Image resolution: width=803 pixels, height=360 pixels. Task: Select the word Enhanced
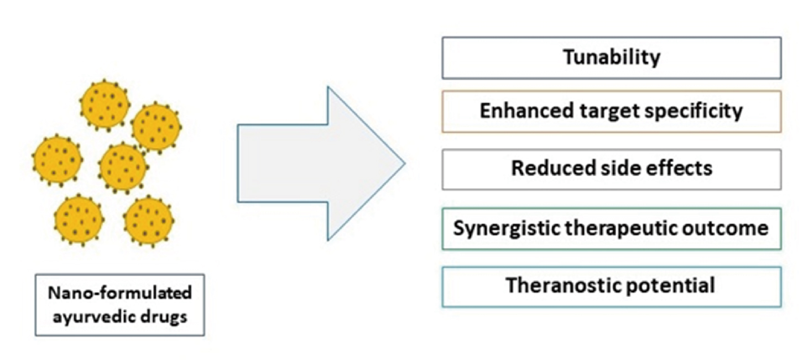tap(526, 111)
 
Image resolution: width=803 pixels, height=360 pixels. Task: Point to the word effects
tap(679, 168)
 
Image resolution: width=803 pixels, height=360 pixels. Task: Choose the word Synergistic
tap(506, 229)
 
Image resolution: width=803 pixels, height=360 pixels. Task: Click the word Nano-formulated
tap(120, 293)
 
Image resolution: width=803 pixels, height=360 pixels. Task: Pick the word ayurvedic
tap(92, 317)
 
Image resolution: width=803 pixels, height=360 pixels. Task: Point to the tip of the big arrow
tap(405, 164)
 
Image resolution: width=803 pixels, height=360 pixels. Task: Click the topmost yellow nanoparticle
tap(105, 105)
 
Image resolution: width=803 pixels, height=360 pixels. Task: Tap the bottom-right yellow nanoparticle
tap(148, 221)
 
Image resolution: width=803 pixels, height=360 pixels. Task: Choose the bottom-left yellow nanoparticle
tap(79, 220)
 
